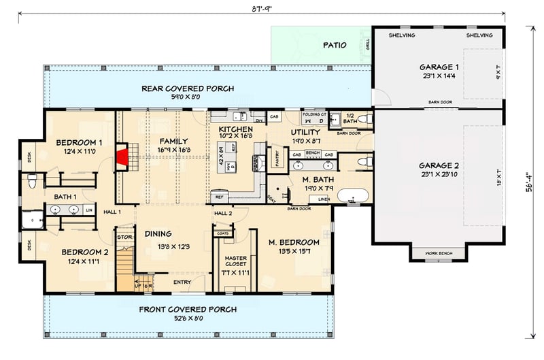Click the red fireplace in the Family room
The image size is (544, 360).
pos(123,158)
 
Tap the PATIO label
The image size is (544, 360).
pos(333,46)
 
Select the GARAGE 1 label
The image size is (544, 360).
pos(439,67)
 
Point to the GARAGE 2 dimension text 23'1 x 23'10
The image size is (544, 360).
pos(439,175)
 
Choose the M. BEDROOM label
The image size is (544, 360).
pos(293,242)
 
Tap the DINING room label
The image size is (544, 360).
pos(158,234)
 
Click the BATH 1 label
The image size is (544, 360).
pos(65,197)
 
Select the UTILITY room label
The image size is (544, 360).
pos(305,133)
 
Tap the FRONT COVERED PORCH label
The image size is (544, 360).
pos(189,310)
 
